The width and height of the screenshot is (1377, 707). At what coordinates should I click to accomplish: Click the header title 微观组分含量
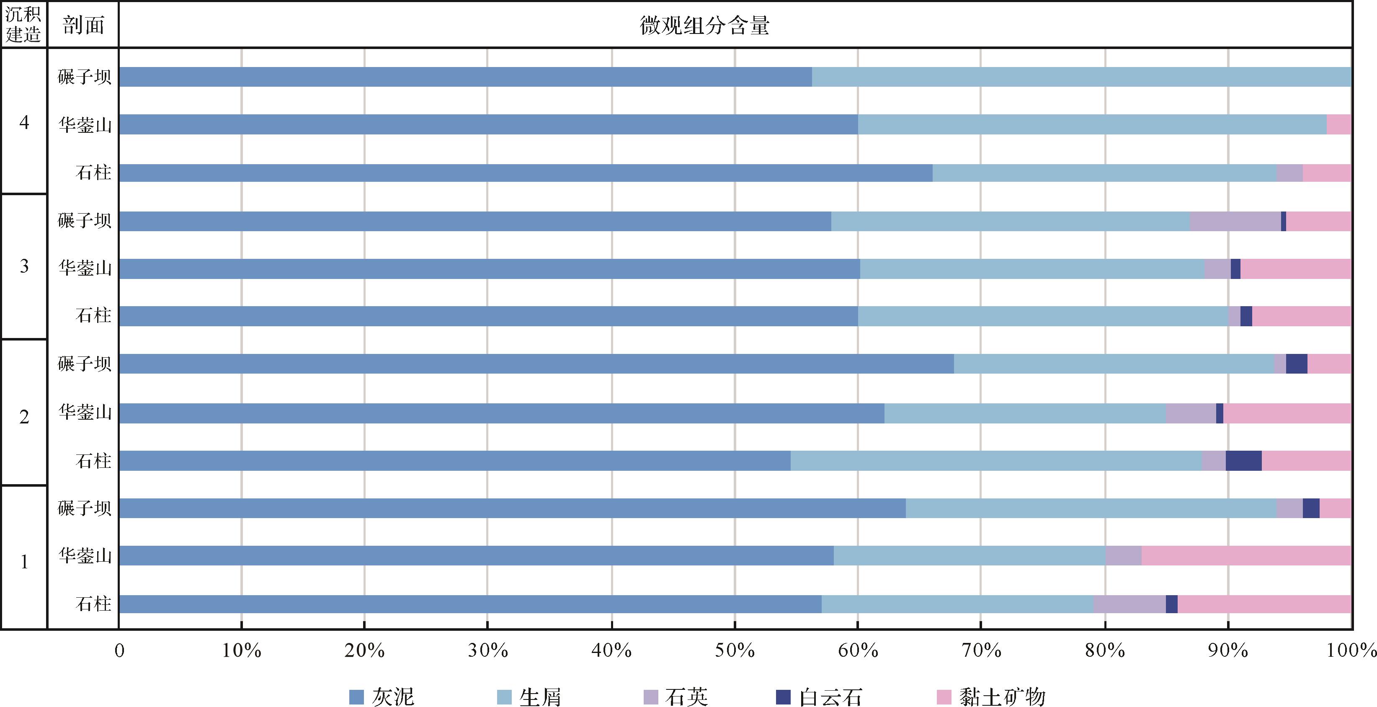(704, 25)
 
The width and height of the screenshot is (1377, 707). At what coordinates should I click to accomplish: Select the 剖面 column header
(83, 25)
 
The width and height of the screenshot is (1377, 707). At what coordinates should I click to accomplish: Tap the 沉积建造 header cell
(23, 25)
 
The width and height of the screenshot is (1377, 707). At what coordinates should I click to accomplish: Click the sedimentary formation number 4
(24, 122)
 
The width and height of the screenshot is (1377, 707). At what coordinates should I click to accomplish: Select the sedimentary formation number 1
(24, 562)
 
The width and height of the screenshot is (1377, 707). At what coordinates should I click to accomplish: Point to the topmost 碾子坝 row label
(85, 77)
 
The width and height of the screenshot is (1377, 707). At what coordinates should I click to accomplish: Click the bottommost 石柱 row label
(93, 604)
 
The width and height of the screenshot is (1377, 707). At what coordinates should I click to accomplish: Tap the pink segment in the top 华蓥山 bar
(1338, 124)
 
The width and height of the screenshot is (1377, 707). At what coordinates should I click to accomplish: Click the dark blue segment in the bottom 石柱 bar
(1171, 604)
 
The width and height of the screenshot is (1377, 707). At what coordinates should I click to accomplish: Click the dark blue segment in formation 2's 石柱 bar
(1243, 460)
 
